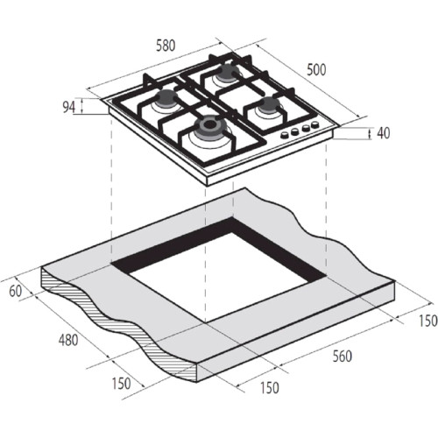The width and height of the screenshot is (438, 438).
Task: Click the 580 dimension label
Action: coord(166,46)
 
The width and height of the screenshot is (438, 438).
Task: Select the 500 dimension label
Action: coord(316,70)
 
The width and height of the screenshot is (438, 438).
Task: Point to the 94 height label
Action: coord(69,108)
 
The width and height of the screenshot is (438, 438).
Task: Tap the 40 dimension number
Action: coord(383,133)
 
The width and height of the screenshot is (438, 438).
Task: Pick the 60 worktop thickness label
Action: coord(16,291)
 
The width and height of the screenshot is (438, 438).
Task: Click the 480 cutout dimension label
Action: coord(68,340)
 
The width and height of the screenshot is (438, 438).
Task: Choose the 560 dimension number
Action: coord(343,357)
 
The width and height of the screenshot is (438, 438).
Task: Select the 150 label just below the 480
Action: coord(122,384)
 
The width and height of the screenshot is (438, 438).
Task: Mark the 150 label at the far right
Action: coord(428,321)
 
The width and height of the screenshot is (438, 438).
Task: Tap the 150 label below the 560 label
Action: coord(270,388)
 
